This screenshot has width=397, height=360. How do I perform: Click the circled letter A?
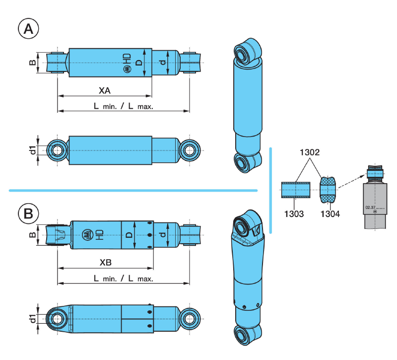(x=29, y=29)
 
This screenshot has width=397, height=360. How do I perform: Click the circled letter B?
(x=29, y=214)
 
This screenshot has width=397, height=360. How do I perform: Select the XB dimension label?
(x=105, y=261)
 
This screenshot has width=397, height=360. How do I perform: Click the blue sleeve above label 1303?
(x=296, y=190)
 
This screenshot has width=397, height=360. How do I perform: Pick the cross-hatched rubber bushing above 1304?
(x=328, y=190)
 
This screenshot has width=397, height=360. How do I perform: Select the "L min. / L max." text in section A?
(x=124, y=106)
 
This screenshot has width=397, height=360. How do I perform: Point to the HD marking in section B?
(x=99, y=234)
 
